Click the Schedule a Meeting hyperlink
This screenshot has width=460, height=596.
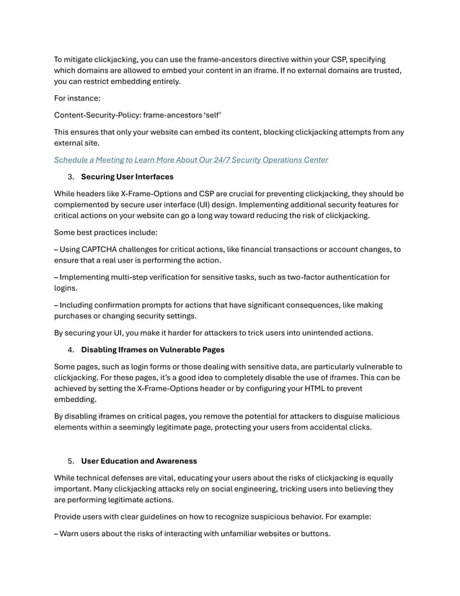pyautogui.click(x=191, y=159)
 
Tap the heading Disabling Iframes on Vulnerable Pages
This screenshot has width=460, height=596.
pyautogui.click(x=152, y=350)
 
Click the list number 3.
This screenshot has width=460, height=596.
pyautogui.click(x=71, y=177)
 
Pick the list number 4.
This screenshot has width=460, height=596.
pyautogui.click(x=71, y=350)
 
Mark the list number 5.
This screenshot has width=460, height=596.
pyautogui.click(x=71, y=460)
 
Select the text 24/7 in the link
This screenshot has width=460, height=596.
pyautogui.click(x=215, y=159)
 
